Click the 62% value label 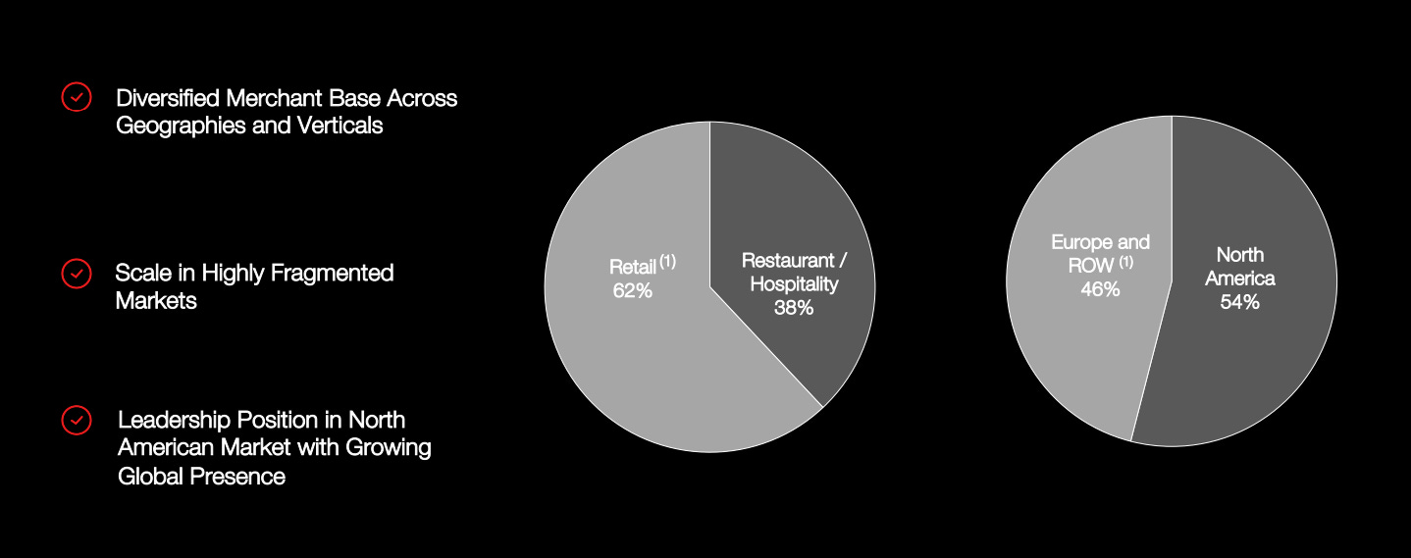tap(632, 291)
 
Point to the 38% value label tap(793, 308)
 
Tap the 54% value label tap(1239, 302)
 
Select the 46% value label tap(1100, 289)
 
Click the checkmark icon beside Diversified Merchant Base tap(77, 96)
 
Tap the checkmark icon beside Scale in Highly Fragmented tap(77, 274)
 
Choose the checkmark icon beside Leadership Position tap(77, 421)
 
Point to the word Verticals tap(336, 126)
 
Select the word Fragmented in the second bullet tap(334, 273)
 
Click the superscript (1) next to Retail tap(668, 261)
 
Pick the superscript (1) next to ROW tap(1125, 261)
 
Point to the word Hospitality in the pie tap(794, 284)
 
